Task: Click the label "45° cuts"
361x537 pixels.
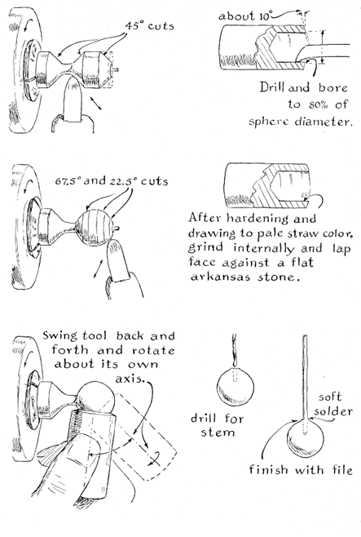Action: pos(149,26)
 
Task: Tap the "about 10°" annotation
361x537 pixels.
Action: pos(246,16)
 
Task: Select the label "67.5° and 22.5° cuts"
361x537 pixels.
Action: pos(112,181)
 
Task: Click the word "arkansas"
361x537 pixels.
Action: pos(219,277)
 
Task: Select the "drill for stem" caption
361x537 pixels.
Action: pos(217,425)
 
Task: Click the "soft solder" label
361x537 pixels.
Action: pos(332,404)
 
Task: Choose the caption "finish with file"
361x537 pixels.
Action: pos(301,469)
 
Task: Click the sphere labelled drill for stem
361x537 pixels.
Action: pos(236,386)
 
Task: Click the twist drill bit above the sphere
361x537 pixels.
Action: pos(235,350)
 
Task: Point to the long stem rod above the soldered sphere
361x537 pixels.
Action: pos(306,377)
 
